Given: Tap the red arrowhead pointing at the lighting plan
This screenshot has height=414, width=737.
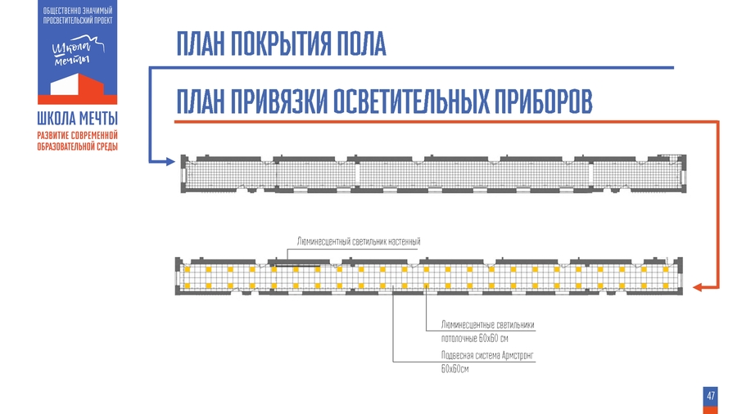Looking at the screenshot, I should click(698, 287).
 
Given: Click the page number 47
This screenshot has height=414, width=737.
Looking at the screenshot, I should click(710, 396).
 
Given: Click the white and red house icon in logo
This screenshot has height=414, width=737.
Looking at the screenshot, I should click(78, 85).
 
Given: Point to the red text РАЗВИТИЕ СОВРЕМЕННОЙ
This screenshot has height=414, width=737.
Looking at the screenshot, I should click(78, 134).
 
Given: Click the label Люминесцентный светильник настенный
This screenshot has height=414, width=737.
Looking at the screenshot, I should click(359, 242).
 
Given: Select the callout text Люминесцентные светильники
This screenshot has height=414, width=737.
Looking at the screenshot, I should click(487, 325).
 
